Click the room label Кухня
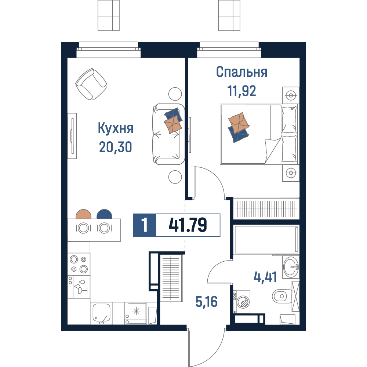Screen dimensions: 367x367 [x=115, y=128]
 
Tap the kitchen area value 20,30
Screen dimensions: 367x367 [x=115, y=147]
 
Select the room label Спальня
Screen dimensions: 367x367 [x=241, y=72]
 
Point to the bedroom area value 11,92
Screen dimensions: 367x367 [x=241, y=91]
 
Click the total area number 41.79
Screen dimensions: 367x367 [x=188, y=225]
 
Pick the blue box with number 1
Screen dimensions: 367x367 [x=144, y=225]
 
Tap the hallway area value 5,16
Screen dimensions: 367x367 [x=206, y=301]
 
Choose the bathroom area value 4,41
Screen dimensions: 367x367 [x=265, y=277]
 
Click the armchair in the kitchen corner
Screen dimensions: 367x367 [x=91, y=84]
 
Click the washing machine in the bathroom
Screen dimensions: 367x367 [x=242, y=302]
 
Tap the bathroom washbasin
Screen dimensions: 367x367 [x=291, y=267]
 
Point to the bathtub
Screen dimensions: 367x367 [x=266, y=239]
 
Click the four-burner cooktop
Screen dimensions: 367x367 [x=79, y=264]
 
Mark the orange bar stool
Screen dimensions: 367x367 [x=84, y=214]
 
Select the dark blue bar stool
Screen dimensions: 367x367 [x=104, y=214]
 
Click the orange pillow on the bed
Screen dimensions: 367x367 [x=239, y=123]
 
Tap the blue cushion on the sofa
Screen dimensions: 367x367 [x=174, y=115]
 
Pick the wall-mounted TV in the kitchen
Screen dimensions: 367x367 [x=72, y=136]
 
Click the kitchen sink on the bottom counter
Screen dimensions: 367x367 [x=102, y=313]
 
